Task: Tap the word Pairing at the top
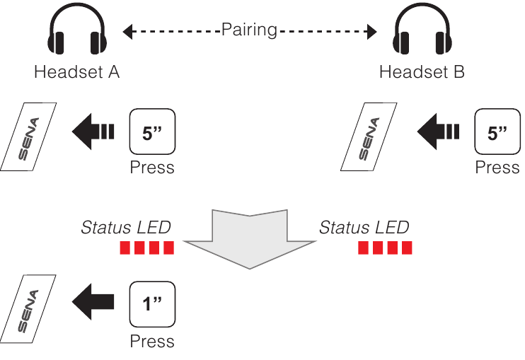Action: tap(248, 30)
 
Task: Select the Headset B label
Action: tap(422, 72)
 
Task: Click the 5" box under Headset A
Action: tap(152, 132)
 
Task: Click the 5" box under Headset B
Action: tap(497, 132)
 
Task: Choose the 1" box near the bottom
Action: tap(152, 304)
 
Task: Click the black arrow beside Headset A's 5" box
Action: tap(93, 132)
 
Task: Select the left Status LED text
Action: tap(126, 227)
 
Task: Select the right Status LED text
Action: tap(364, 227)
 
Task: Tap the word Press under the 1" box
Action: tap(152, 341)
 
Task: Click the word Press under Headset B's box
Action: tap(497, 168)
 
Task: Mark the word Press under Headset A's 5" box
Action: tap(152, 168)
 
